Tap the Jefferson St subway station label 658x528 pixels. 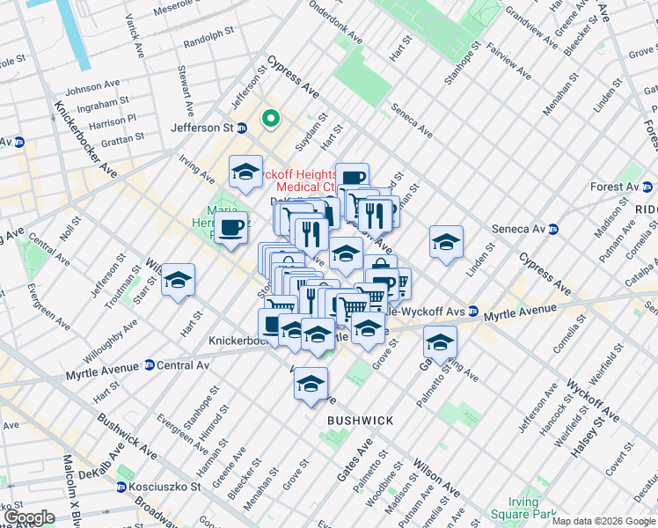(x=201, y=128)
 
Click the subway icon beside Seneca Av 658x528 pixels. (x=553, y=230)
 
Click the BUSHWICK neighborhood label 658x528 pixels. (x=360, y=421)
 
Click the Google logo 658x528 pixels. (x=29, y=517)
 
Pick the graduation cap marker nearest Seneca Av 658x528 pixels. (x=446, y=242)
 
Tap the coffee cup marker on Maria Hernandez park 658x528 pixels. (x=230, y=228)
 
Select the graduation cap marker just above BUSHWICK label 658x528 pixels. (x=311, y=384)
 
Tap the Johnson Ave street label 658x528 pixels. (x=92, y=87)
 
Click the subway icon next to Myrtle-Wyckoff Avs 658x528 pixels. (x=473, y=312)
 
